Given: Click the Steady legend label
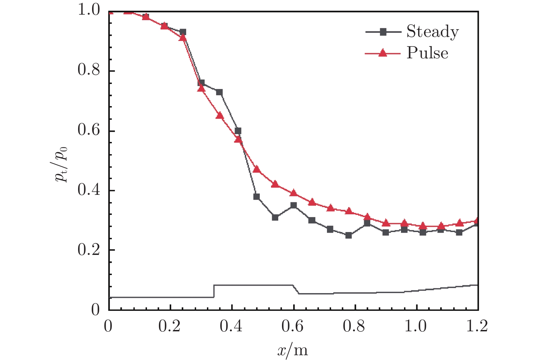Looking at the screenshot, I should [432, 32].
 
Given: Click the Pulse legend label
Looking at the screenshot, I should [427, 53].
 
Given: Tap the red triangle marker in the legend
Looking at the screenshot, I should [383, 53].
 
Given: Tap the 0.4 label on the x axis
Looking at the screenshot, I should [231, 327].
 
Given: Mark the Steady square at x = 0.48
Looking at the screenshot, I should [256, 197].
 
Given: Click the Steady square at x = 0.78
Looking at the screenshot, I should [348, 235].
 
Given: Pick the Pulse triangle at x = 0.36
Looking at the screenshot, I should [220, 116].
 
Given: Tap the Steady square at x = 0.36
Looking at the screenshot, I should [219, 92].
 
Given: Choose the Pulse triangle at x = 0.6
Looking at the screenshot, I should [293, 193].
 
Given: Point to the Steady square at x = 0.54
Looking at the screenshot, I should [275, 217].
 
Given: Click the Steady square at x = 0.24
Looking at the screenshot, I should [183, 32].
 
